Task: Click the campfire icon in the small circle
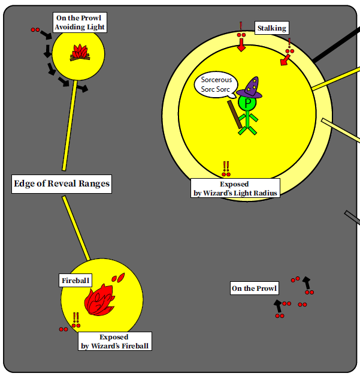tap(80, 53)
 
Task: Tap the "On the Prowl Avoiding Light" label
tap(80, 23)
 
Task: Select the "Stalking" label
tap(271, 28)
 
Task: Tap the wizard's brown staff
tap(234, 113)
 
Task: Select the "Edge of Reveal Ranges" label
tap(62, 184)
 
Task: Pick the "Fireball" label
tap(75, 280)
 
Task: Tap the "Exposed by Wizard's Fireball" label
tap(114, 341)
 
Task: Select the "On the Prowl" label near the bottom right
tap(255, 288)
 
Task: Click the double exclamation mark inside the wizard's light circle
tap(226, 167)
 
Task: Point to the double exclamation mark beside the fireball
tap(76, 318)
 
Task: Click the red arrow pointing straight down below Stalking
tap(241, 47)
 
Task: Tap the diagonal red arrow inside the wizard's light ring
tap(285, 61)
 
